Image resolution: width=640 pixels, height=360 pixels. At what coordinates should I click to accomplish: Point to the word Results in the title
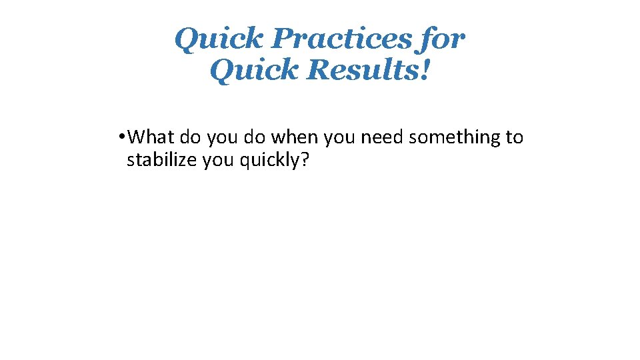(364, 69)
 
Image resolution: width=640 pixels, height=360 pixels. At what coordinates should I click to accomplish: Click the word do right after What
(191, 138)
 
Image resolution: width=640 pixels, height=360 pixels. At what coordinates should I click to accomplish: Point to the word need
(383, 138)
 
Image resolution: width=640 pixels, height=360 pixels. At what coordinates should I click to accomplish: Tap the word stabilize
(161, 161)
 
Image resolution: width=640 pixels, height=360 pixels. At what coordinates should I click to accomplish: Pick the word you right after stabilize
(215, 161)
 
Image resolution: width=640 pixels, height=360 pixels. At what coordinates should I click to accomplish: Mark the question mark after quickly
(305, 161)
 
